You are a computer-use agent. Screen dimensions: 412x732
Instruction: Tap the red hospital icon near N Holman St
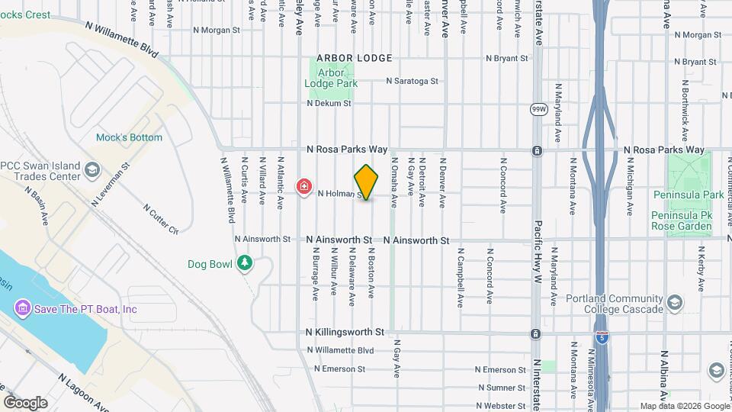click(x=304, y=187)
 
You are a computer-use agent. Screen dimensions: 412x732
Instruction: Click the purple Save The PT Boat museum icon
click(x=22, y=309)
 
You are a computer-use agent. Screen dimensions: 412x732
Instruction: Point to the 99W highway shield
click(x=539, y=109)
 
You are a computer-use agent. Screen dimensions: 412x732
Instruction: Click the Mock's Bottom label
click(x=129, y=138)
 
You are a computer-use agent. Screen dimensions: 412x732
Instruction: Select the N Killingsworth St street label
click(x=344, y=333)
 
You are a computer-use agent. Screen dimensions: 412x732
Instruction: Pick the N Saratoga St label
click(x=412, y=81)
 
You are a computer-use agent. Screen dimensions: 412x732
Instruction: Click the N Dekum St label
click(x=329, y=103)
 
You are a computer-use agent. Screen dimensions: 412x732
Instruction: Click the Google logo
click(x=25, y=403)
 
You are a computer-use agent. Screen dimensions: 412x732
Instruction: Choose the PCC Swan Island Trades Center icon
click(x=92, y=169)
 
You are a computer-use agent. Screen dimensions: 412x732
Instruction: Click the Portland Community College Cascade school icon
click(x=674, y=303)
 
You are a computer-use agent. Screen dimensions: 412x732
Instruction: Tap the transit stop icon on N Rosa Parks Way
click(x=537, y=150)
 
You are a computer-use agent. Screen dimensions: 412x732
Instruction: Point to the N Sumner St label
click(x=499, y=388)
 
